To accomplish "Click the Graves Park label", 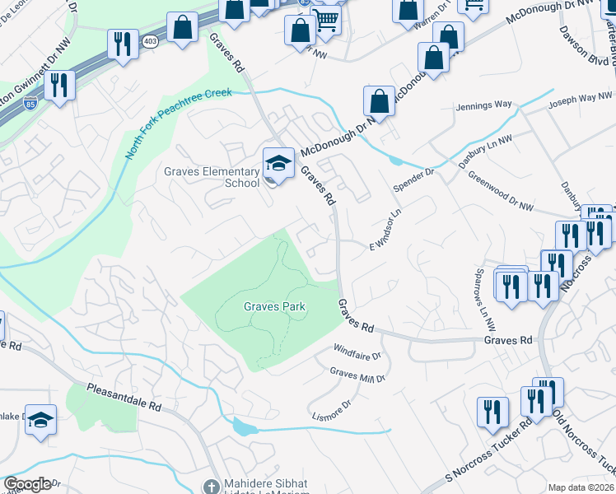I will (x=274, y=306).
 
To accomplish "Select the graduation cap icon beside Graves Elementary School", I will (x=278, y=161).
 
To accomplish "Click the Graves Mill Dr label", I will (x=357, y=375).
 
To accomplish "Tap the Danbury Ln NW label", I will (x=485, y=148).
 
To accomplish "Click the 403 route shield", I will (x=150, y=40).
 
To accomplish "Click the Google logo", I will (x=27, y=484).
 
